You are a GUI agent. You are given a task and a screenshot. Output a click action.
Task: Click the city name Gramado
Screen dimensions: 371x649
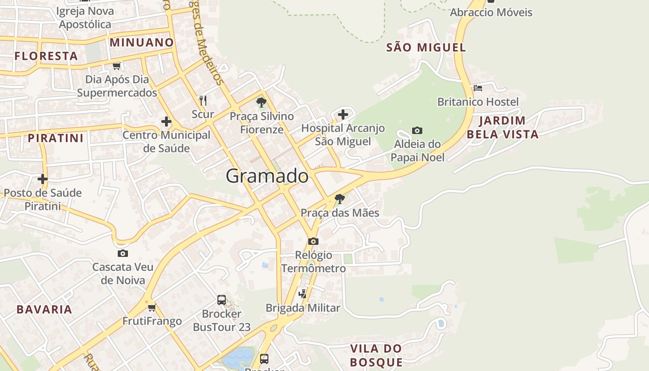(x=267, y=176)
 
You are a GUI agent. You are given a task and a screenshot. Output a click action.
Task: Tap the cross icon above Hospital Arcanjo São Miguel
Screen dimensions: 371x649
(x=343, y=114)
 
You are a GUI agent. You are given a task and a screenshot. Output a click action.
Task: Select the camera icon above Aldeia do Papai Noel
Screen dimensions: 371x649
(x=417, y=131)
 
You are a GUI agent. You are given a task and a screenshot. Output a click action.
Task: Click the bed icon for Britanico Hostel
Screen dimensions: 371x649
(x=478, y=88)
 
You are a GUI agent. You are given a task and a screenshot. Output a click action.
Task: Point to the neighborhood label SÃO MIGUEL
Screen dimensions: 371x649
(x=426, y=47)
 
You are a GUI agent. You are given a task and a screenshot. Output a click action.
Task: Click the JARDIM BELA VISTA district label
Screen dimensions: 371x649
(x=503, y=128)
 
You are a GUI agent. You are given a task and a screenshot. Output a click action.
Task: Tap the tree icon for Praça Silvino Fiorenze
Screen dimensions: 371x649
(x=261, y=102)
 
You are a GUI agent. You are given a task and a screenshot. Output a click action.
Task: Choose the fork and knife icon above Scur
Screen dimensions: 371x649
(x=203, y=100)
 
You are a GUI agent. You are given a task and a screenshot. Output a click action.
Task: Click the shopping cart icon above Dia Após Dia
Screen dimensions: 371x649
(x=117, y=66)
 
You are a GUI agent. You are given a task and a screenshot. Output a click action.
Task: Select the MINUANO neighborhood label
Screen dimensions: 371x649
(x=142, y=43)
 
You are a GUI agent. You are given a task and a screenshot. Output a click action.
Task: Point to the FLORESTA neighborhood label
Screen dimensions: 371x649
(x=46, y=56)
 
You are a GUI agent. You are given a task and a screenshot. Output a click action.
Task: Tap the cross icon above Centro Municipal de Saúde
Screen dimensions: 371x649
(x=166, y=122)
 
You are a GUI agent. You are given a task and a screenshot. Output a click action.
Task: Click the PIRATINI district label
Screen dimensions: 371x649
(x=56, y=138)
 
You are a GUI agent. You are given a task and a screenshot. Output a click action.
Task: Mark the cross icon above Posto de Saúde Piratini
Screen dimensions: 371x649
(x=43, y=179)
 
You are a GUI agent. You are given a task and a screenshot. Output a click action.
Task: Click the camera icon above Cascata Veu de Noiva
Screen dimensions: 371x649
(x=123, y=253)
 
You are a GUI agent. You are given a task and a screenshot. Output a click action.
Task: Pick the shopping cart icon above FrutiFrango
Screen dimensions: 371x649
(x=152, y=307)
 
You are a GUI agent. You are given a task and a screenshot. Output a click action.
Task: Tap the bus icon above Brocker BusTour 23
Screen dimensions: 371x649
(x=222, y=300)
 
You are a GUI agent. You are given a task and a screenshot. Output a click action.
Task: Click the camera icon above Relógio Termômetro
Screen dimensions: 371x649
(x=313, y=241)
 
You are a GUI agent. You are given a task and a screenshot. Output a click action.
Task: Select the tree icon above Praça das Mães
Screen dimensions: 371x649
(x=340, y=199)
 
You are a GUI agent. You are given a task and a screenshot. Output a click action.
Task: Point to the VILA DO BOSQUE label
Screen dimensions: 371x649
(x=376, y=355)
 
